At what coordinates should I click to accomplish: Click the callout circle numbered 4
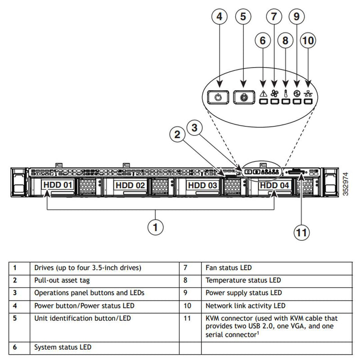219,17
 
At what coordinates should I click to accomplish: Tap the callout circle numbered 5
243,17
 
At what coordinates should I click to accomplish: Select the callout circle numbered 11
302,233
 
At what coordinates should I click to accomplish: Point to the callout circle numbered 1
156,226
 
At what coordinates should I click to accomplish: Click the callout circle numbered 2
178,134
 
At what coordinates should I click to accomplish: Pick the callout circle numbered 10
308,40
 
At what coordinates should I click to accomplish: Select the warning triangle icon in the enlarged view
264,94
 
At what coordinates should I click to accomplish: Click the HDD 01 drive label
58,185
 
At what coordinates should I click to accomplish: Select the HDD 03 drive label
203,185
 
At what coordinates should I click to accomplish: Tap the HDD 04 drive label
274,185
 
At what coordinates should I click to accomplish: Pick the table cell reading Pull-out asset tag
62,280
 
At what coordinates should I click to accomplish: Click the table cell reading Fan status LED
229,268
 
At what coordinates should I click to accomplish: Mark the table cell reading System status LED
63,347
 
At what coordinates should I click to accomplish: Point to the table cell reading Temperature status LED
243,280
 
